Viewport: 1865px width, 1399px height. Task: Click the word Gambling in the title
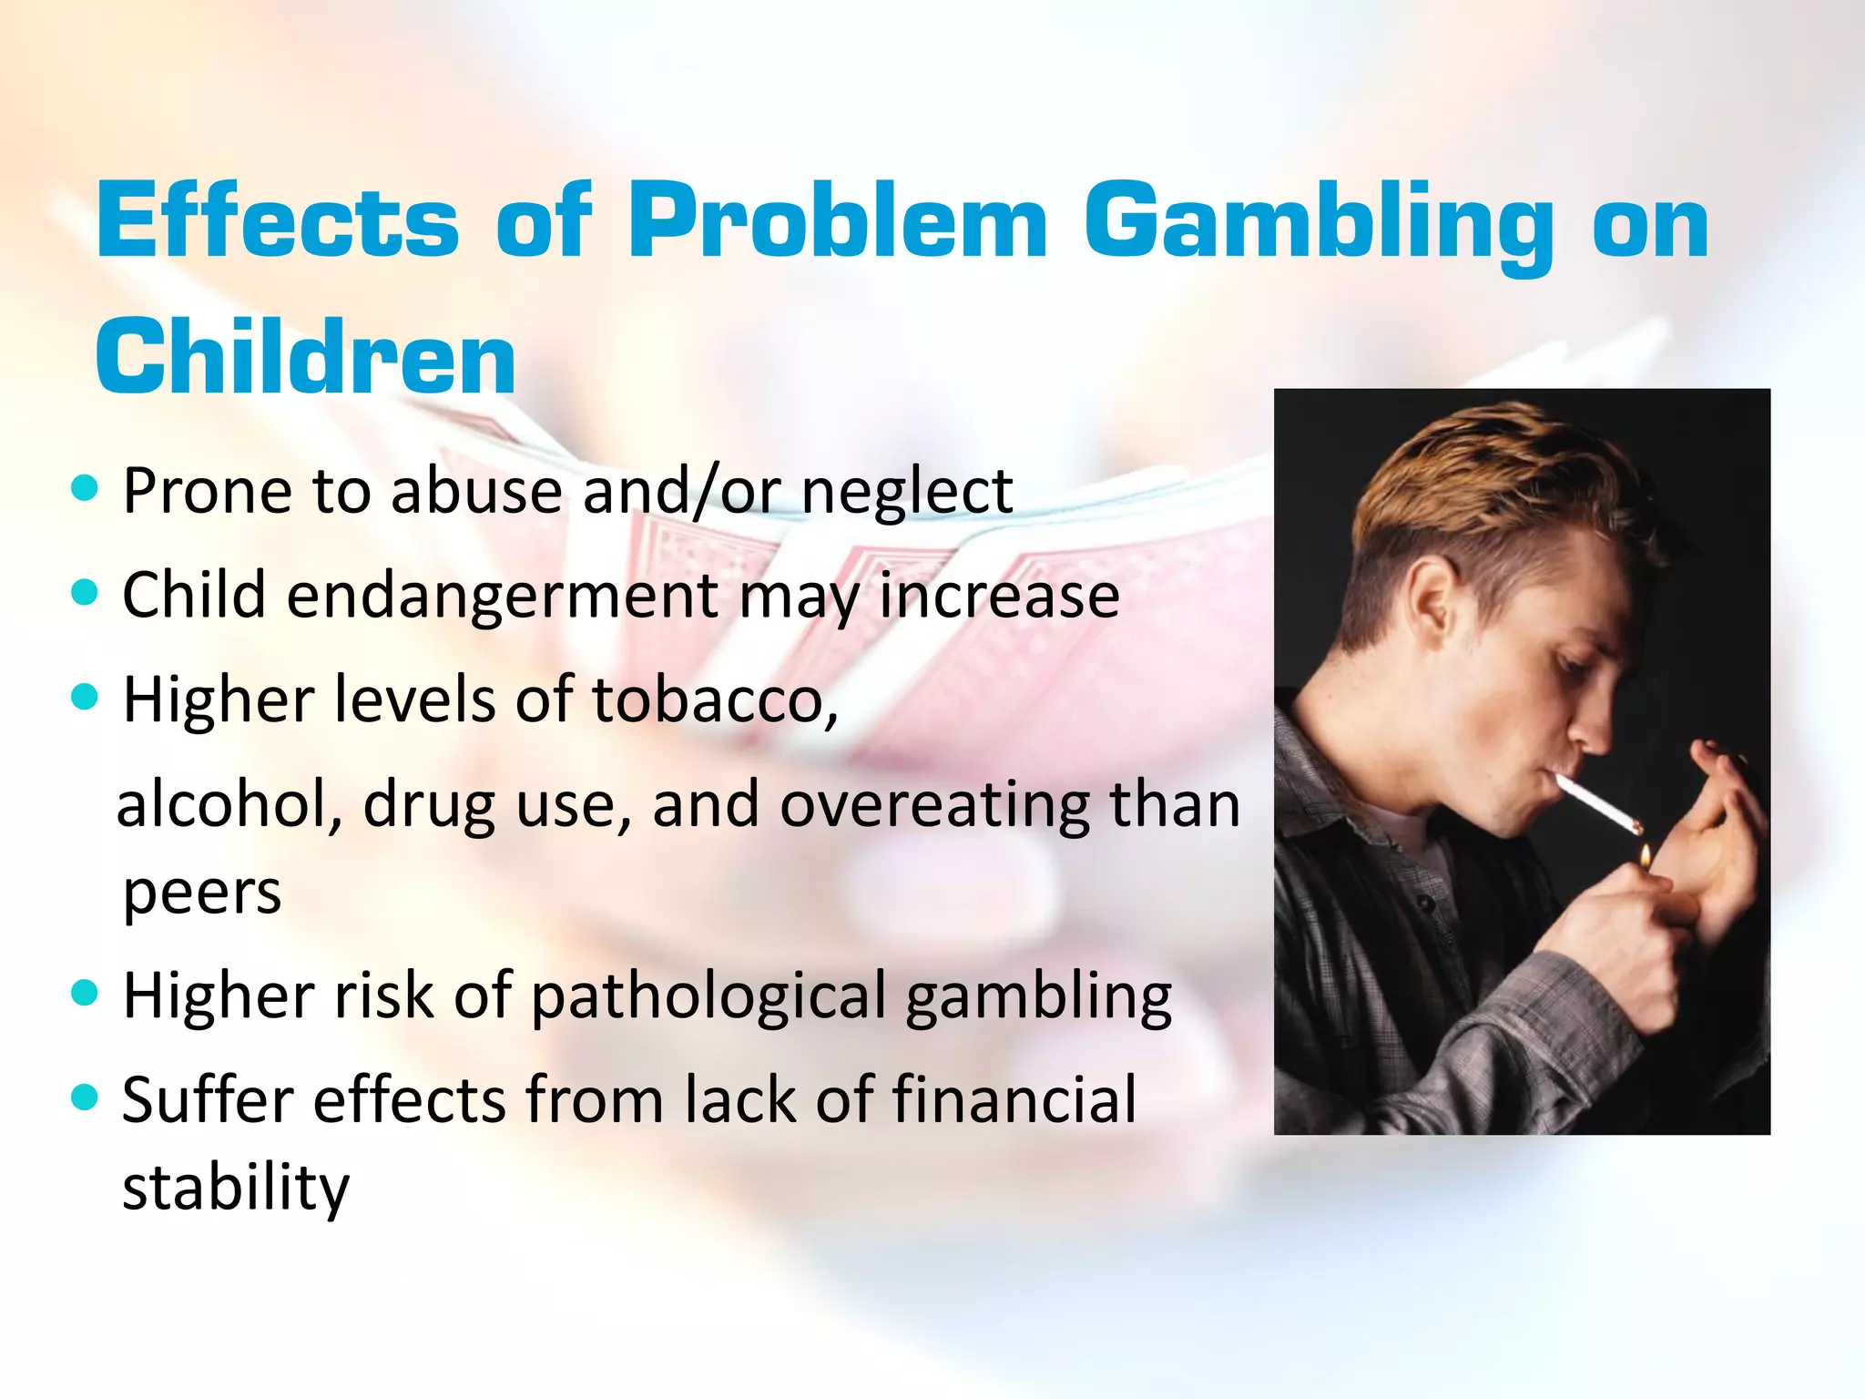1319,224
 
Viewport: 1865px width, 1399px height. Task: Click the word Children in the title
306,358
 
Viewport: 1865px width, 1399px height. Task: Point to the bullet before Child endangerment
84,593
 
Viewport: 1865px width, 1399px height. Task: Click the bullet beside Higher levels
84,698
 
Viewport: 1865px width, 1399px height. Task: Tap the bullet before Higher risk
84,992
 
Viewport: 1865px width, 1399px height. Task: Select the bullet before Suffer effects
84,1097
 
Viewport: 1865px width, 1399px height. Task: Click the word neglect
907,492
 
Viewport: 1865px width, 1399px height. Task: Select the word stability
236,1188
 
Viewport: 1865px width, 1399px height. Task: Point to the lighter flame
1646,855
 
